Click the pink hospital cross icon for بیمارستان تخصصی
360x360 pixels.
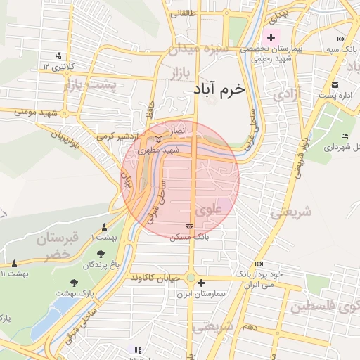coord(271,37)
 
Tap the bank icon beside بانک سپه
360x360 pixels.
coord(341,39)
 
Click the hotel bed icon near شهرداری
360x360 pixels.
coord(344,136)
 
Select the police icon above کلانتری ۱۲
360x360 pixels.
coord(58,56)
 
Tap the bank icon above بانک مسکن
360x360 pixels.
coord(188,226)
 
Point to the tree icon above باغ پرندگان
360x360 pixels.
coord(101,253)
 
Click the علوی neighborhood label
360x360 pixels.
coord(208,209)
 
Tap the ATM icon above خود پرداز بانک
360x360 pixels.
coord(259,263)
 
